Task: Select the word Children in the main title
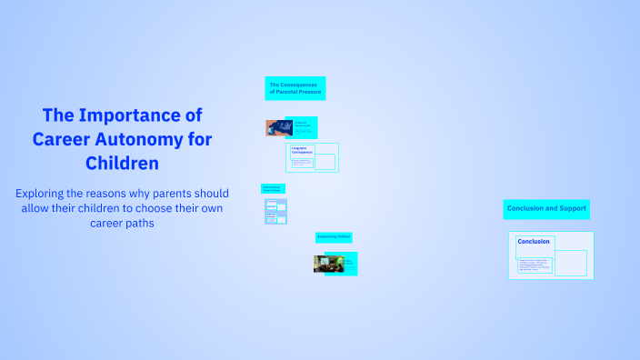pos(123,164)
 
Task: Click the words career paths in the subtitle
pos(123,223)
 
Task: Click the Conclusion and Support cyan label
pos(546,209)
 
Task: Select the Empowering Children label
pos(334,237)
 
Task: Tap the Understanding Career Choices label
pos(273,189)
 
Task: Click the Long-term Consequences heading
pos(302,151)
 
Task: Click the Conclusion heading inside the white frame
pos(534,242)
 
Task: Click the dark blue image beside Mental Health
pos(275,128)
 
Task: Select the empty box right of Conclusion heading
pos(571,263)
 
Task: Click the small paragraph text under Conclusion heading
pos(534,265)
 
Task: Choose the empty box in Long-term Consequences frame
pos(325,162)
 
